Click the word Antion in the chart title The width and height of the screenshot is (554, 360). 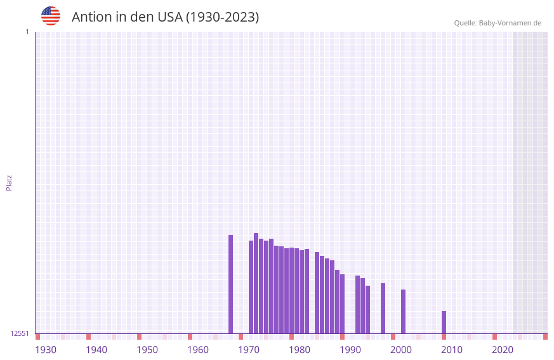click(91, 17)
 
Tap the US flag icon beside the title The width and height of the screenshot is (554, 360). click(51, 16)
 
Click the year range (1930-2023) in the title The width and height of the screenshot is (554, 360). click(222, 17)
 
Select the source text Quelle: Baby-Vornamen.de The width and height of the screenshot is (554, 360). click(498, 23)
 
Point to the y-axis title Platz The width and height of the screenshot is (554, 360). click(9, 182)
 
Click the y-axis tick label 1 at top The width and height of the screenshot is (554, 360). click(27, 32)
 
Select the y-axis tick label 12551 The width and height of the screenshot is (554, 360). click(20, 333)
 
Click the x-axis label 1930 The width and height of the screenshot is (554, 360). click(46, 350)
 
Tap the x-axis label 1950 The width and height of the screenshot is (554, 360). click(147, 350)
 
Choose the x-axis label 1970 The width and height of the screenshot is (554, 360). click(249, 350)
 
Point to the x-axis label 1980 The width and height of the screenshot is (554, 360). click(300, 350)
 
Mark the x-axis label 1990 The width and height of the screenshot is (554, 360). click(350, 350)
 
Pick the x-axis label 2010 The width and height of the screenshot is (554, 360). click(452, 350)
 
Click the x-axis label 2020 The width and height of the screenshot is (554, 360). click(503, 350)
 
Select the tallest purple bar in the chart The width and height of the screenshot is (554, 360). click(256, 283)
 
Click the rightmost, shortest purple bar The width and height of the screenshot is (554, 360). click(444, 322)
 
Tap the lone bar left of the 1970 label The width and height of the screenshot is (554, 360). click(231, 284)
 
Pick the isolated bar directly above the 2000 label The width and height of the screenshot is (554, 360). click(403, 311)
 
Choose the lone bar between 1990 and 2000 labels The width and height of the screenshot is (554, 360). click(383, 308)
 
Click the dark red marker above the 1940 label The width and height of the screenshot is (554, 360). click(89, 337)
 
